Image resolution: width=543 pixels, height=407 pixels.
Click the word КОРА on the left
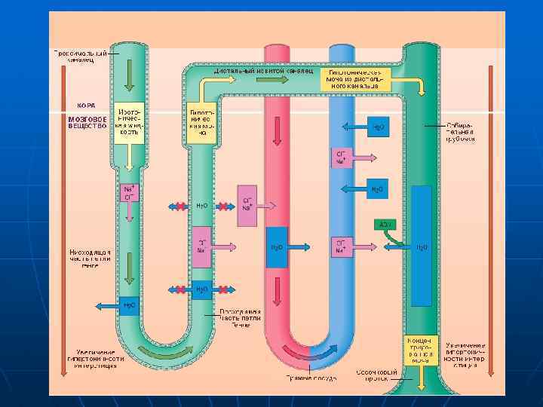coord(86,105)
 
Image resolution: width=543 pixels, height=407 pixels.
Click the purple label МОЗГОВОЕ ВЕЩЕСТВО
coord(87,122)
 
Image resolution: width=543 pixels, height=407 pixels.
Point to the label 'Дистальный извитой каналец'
coord(263,70)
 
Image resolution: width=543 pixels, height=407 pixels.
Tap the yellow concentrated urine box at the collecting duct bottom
coord(420,349)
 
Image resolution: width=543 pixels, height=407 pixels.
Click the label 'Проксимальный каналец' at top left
coord(78,57)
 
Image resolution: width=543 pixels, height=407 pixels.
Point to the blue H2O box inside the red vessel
coord(277,247)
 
